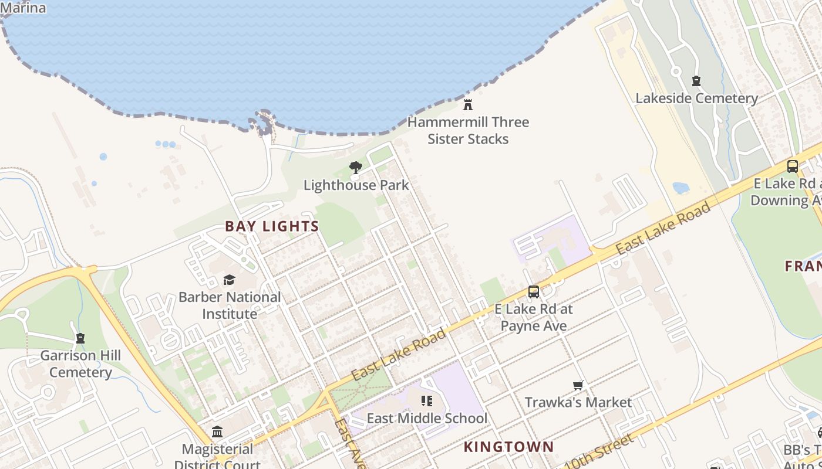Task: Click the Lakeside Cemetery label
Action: click(x=696, y=98)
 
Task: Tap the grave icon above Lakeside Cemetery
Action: click(x=696, y=81)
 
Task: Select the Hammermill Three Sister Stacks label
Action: click(x=468, y=130)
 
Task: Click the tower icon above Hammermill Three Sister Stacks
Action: click(x=468, y=105)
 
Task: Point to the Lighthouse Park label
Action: click(x=356, y=185)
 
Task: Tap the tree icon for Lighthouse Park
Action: click(x=356, y=168)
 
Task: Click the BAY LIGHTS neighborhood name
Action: click(x=272, y=226)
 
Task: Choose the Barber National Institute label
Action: click(x=230, y=305)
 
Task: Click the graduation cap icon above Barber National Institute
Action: click(x=230, y=280)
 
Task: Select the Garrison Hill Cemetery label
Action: click(x=80, y=363)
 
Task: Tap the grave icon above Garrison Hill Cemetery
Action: click(x=80, y=338)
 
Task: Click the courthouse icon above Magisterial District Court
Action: click(x=217, y=432)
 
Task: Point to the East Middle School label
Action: click(x=427, y=419)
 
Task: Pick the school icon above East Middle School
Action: click(x=427, y=401)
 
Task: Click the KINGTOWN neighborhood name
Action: click(x=508, y=447)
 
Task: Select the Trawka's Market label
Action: click(x=578, y=403)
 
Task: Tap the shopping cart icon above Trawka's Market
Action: click(x=578, y=385)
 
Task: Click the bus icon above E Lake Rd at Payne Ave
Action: click(x=533, y=291)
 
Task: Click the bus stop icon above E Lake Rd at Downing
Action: click(x=793, y=166)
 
